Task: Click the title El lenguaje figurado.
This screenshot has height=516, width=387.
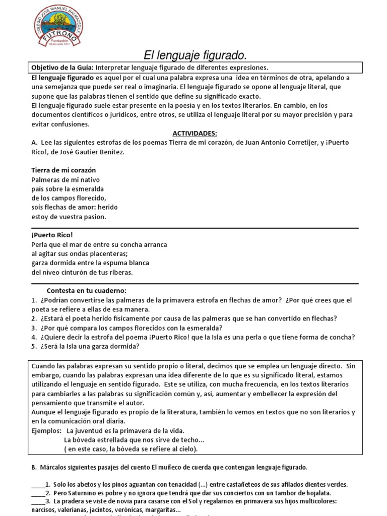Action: [193, 54]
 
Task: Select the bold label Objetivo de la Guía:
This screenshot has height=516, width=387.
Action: [62, 68]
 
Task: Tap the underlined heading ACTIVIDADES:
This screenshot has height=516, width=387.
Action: [195, 133]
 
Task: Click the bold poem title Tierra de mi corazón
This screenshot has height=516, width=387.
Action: [63, 170]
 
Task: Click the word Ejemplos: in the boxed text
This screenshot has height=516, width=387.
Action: [46, 430]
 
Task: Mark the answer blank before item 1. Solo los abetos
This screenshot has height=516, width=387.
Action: [38, 484]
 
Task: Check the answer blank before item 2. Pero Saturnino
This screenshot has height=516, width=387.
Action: [38, 493]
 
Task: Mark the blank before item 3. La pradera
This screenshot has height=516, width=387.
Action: [38, 501]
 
